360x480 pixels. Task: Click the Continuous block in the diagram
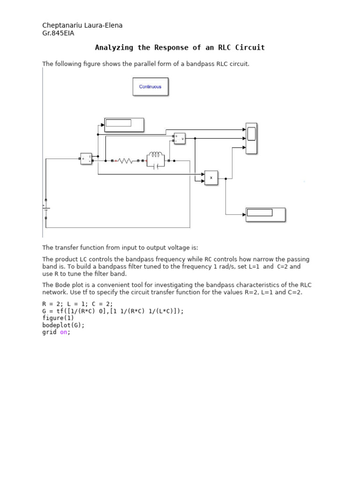tap(150, 87)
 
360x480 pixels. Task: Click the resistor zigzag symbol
tap(125, 161)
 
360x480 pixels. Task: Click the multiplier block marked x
tap(211, 178)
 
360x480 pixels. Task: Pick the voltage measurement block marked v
tap(180, 138)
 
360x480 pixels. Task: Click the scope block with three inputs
tap(251, 138)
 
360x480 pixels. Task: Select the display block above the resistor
tap(124, 125)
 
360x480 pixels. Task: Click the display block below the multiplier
tap(265, 214)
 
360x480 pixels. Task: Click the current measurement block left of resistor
tap(86, 159)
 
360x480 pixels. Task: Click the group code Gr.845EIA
tap(58, 33)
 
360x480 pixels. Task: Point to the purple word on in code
tap(64, 332)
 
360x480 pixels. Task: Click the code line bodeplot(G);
tap(64, 325)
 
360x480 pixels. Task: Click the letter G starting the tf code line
tap(45, 311)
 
